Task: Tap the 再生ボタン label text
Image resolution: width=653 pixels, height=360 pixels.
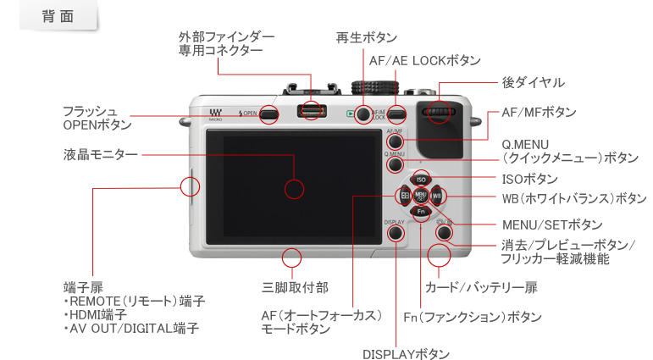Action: coord(366,39)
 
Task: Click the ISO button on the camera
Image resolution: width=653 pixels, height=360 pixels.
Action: coord(421,180)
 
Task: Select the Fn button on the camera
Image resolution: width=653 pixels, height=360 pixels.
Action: coord(421,212)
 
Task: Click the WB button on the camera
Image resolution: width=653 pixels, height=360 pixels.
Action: coord(437,196)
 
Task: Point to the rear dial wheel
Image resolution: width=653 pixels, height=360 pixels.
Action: coord(439,114)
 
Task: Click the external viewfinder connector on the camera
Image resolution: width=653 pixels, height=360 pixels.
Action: coord(313,111)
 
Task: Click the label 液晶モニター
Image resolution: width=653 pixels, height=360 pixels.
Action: coord(101,155)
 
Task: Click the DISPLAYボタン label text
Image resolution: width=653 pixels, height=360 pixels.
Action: coord(405,353)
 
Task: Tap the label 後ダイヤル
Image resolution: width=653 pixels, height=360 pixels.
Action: coord(533,82)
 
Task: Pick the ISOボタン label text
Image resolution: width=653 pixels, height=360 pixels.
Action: coord(529,179)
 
